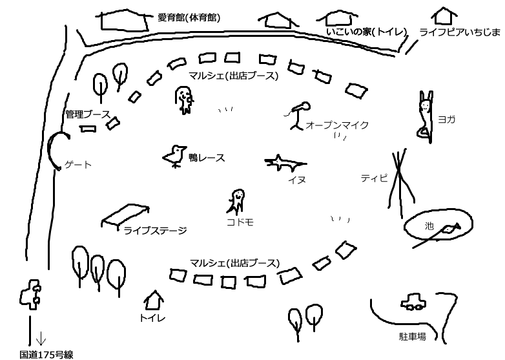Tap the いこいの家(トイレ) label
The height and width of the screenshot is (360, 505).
pyautogui.click(x=366, y=32)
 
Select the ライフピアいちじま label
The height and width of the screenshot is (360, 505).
pyautogui.click(x=459, y=32)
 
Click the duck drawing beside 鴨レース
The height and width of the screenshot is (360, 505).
pyautogui.click(x=174, y=156)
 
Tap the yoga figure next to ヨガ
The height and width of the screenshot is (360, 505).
pyautogui.click(x=424, y=116)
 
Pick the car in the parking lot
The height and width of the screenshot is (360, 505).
pyautogui.click(x=414, y=302)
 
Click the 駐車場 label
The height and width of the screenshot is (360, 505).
pyautogui.click(x=413, y=337)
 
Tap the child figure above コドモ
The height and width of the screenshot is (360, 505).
pyautogui.click(x=236, y=200)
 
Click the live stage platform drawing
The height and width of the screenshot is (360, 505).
pyautogui.click(x=126, y=215)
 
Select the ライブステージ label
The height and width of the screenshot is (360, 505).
pyautogui.click(x=155, y=229)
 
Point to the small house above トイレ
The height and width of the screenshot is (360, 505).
pyautogui.click(x=154, y=299)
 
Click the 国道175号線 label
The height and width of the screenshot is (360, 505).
pyautogui.click(x=46, y=354)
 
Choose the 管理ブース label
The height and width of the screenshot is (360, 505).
pyautogui.click(x=87, y=114)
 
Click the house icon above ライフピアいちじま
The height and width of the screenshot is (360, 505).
pyautogui.click(x=444, y=16)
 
